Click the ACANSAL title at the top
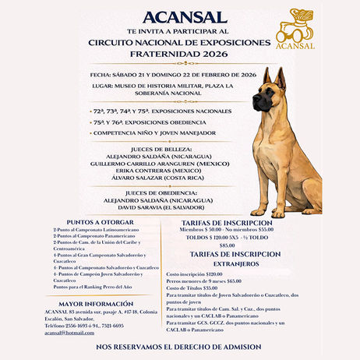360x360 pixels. [x=180, y=17]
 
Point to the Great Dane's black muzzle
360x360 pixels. [x=262, y=102]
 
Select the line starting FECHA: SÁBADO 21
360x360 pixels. [x=174, y=74]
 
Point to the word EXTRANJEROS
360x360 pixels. [x=234, y=263]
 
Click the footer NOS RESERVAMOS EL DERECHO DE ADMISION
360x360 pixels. [x=178, y=347]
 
